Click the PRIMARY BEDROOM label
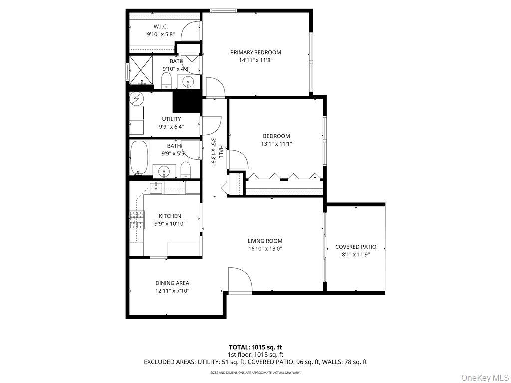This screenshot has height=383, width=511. (255, 52)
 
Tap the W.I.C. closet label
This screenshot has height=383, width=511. (160, 27)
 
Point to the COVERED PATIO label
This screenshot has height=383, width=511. (355, 247)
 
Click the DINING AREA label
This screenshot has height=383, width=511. (172, 283)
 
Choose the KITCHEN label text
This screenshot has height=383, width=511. (170, 216)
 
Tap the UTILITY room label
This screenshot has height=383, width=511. (171, 119)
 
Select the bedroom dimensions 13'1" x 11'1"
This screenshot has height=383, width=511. (277, 144)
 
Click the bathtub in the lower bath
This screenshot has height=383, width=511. (139, 157)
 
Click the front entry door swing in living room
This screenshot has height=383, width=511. (240, 279)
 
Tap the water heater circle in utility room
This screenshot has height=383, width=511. (137, 98)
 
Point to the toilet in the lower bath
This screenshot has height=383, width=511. (185, 170)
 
